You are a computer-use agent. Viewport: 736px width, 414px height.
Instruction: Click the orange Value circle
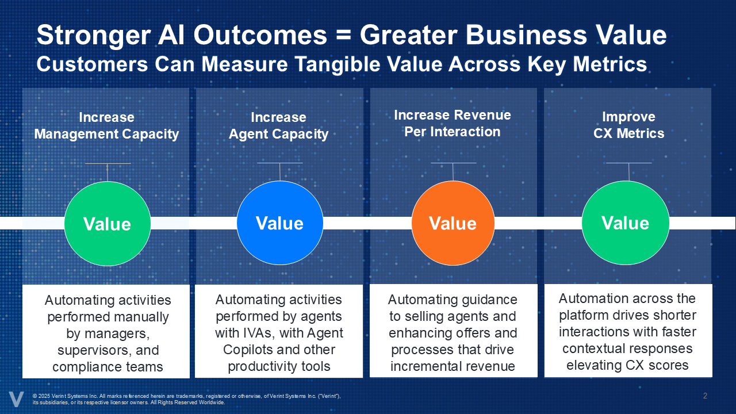coord(453,223)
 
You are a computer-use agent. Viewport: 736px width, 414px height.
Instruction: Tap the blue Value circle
coord(280,223)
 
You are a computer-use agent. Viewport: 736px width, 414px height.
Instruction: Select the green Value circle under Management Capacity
coord(108,224)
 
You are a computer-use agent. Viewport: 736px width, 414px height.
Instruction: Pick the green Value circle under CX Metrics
coord(626,223)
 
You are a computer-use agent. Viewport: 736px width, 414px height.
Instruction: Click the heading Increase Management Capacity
coord(106,125)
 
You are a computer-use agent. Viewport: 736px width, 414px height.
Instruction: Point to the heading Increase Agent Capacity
coord(279,125)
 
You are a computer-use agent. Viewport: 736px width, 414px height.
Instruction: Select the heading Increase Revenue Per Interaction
coord(453,123)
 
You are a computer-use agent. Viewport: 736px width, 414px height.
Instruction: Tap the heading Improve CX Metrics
coord(628,125)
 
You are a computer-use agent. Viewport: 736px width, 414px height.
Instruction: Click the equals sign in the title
coord(343,35)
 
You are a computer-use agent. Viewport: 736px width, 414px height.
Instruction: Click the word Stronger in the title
coord(94,36)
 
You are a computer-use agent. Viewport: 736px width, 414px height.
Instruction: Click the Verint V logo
coord(16,399)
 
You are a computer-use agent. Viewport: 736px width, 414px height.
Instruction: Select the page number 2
coord(705,396)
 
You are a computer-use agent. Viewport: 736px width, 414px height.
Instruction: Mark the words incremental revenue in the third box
coord(453,366)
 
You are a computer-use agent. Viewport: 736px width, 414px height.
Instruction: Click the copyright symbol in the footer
coord(35,396)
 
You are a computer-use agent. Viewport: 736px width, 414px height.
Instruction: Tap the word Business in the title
coord(526,35)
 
